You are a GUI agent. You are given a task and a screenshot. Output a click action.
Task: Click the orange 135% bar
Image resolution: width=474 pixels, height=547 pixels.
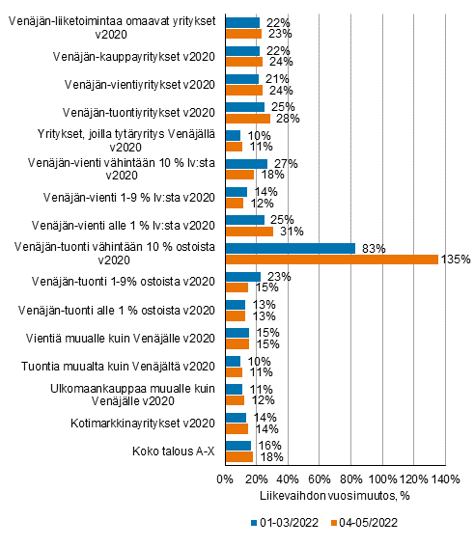pos(332,260)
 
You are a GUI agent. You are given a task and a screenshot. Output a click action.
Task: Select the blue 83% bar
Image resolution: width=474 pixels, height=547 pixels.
pos(291,248)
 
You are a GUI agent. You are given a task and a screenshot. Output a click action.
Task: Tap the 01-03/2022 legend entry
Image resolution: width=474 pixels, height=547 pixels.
pos(285,523)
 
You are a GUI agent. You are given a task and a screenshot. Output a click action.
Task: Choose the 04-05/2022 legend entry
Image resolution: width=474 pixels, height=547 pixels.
pos(364,523)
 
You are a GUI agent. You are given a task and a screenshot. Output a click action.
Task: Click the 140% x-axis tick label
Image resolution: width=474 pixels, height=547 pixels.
pos(446,479)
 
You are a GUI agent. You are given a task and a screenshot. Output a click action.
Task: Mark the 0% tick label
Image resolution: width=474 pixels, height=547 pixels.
pos(225,479)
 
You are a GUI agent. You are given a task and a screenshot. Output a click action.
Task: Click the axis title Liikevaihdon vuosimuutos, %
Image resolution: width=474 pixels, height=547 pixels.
pos(334,496)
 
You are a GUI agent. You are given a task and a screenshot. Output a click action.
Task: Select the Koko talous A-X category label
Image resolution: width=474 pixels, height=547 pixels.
pos(174,451)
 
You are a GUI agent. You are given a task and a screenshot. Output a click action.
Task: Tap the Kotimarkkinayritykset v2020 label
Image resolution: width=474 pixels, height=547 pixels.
pos(143,424)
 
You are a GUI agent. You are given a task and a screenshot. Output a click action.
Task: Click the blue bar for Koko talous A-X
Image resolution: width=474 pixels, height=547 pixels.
pos(238,446)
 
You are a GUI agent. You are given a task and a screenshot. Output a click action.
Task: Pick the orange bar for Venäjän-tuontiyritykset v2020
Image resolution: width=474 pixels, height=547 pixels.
pos(248,119)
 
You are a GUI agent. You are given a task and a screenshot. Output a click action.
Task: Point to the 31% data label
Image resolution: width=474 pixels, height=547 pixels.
pos(292,232)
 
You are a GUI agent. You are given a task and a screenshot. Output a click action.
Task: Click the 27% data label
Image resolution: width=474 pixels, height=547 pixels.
pos(286,164)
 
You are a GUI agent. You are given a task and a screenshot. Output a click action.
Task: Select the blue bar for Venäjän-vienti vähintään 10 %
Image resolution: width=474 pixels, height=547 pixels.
pos(247,164)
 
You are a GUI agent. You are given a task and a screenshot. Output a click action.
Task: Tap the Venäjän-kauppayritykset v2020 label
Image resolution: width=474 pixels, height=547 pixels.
pos(134,57)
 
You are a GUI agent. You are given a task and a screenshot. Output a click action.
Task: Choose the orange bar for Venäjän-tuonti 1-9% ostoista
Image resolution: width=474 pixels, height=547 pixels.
pos(237,287)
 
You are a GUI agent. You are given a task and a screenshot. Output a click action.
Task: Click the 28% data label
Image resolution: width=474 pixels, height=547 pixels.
pos(288,119)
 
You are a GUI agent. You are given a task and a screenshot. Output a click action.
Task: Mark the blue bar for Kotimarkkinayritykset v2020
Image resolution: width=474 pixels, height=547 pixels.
pos(236,418)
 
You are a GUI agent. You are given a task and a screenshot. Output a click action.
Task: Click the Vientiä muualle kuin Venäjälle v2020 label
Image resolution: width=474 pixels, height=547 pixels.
pos(121,339)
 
